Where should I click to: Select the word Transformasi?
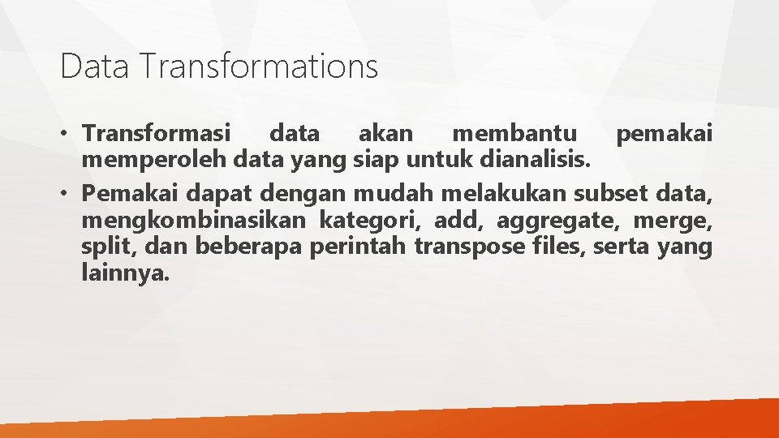pyautogui.click(x=157, y=131)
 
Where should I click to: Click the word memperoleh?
pyautogui.click(x=153, y=160)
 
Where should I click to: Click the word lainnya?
pyautogui.click(x=126, y=273)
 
